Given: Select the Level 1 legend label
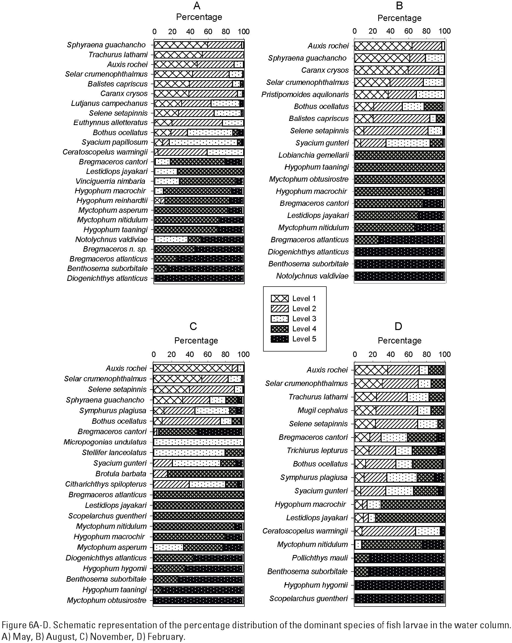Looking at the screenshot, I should click(x=304, y=298).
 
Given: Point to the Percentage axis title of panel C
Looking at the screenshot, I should click(x=196, y=341).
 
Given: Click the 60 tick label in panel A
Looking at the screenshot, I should click(x=208, y=32).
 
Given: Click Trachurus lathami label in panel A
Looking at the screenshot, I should click(x=118, y=55).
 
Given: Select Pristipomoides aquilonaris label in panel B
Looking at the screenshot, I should click(x=305, y=94).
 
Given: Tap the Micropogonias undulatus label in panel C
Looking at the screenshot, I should click(x=105, y=442).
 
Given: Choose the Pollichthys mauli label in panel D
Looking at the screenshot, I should click(x=320, y=558).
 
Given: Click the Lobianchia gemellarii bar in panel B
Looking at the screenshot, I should click(x=399, y=155).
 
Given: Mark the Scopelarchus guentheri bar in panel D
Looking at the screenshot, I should click(x=399, y=598).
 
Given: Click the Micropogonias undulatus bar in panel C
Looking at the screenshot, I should click(x=198, y=442).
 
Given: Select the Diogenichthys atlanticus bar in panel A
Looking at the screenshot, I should click(x=199, y=278).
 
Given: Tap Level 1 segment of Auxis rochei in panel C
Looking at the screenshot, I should click(x=193, y=368).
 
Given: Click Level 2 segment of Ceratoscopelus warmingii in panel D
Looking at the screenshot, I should click(x=389, y=531).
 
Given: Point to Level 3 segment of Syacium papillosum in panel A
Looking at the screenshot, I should click(x=203, y=142).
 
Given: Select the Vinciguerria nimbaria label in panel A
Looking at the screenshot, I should click(x=110, y=181).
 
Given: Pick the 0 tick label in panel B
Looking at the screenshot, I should click(x=355, y=31).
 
